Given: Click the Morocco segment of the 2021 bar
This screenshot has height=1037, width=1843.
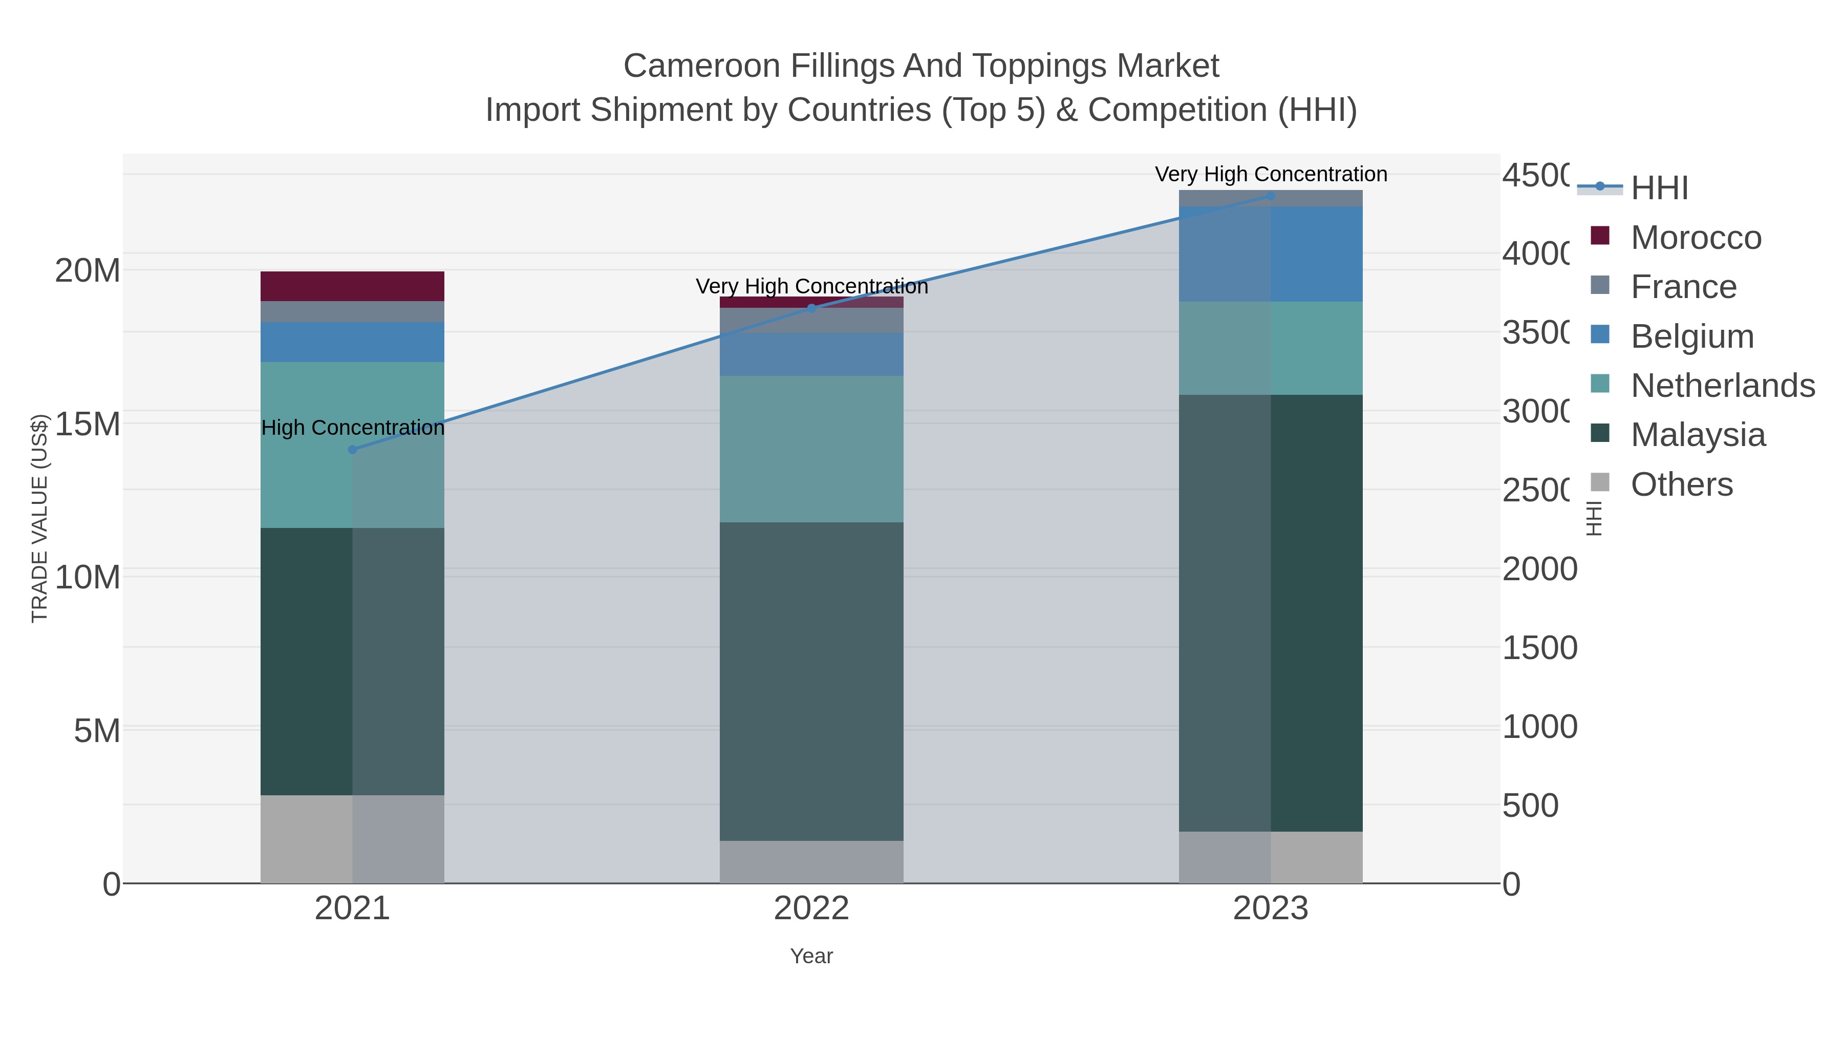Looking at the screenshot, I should [352, 286].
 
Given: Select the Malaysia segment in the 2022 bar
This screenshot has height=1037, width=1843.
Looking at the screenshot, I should [811, 681].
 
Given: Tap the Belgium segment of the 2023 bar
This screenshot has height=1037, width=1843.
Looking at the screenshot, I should [1271, 254].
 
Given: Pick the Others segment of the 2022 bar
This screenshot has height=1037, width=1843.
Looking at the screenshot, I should [811, 862].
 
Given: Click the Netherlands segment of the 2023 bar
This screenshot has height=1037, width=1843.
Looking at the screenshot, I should [1271, 348].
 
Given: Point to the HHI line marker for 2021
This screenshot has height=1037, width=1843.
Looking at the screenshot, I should [352, 450].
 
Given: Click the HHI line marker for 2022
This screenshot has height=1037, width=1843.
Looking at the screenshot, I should [811, 308].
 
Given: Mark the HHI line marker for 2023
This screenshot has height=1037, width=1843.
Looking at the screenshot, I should [1271, 196].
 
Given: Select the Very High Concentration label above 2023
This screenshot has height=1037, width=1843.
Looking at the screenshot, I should [1271, 174].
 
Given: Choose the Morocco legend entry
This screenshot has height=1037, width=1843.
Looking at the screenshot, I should [1696, 238].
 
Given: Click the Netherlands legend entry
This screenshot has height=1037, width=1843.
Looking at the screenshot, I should [1722, 386].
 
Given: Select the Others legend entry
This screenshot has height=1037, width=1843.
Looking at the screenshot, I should [1681, 484].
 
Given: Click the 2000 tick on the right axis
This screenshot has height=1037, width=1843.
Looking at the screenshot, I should [1539, 569].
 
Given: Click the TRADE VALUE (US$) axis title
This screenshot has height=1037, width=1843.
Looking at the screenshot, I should [39, 518].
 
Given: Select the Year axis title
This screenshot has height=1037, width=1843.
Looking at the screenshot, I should [811, 956].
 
